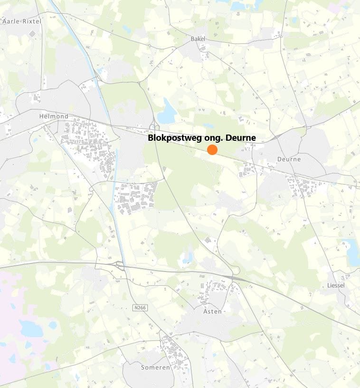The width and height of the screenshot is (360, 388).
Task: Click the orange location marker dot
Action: pos(212,150)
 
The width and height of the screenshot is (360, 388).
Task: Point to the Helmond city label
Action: pos(54,116)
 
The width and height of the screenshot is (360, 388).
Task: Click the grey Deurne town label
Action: pos(289,159)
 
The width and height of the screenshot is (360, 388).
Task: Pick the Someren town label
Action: pos(155,368)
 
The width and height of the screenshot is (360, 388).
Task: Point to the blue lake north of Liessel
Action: pos(352,252)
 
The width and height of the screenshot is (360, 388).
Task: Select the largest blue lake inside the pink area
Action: pos(30,328)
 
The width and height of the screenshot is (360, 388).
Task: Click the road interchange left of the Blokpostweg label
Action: pos(154,127)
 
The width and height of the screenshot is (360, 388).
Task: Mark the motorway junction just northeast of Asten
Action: pos(232,277)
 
